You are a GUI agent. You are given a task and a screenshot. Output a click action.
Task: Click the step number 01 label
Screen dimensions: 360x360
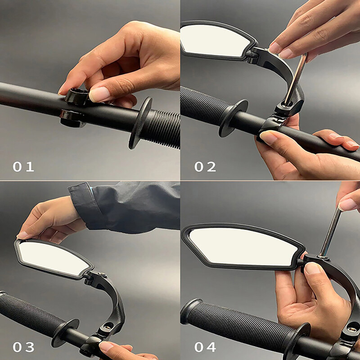click(x=23, y=166)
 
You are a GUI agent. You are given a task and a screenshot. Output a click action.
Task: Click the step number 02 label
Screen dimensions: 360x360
click(x=205, y=166)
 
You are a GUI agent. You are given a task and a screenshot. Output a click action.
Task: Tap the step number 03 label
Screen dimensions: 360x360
click(x=23, y=347)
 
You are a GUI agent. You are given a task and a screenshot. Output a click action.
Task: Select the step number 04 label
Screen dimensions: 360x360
click(x=205, y=347)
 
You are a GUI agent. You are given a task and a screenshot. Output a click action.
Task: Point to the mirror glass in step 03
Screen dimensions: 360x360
click(x=53, y=258)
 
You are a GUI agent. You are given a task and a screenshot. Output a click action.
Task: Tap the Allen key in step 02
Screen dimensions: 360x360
click(x=296, y=79)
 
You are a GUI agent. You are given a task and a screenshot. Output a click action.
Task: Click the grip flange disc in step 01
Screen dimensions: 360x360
click(x=140, y=123)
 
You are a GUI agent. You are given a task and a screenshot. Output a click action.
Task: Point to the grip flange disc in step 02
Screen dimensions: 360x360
click(x=233, y=118)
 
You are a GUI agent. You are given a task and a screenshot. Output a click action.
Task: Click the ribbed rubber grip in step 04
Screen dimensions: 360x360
click(x=239, y=321)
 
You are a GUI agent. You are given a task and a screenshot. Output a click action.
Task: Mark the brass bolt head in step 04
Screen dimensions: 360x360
click(x=352, y=330)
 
